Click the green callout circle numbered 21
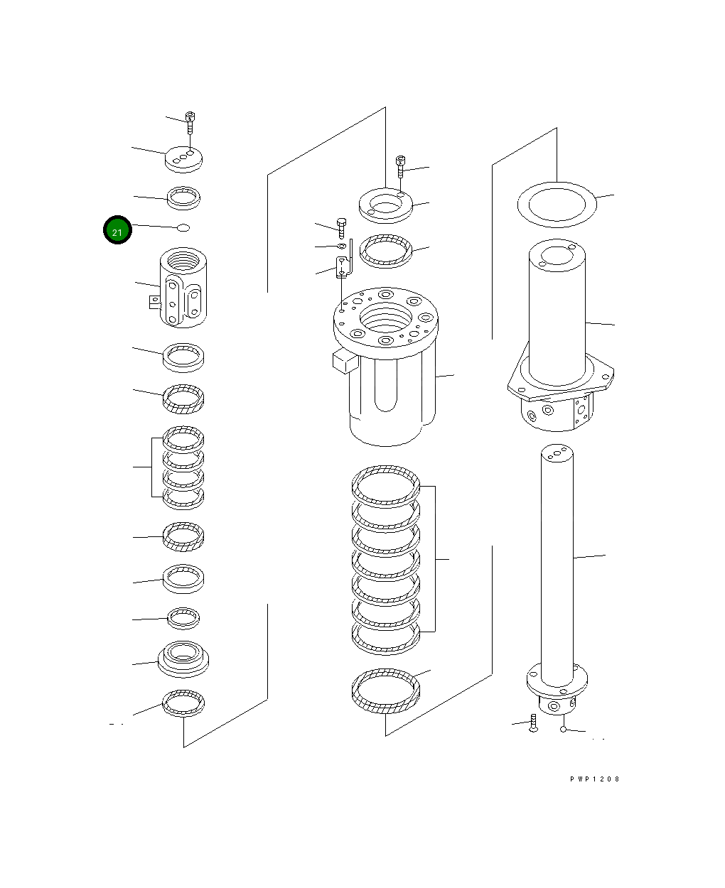117,230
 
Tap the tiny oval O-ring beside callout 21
183,228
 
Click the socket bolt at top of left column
190,122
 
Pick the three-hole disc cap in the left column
183,158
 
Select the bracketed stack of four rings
183,467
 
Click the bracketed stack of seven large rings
386,559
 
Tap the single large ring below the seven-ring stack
386,691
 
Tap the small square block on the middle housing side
343,361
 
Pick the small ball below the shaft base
563,729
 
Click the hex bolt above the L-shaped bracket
340,227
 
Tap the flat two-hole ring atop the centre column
386,205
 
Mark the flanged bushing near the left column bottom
183,657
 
